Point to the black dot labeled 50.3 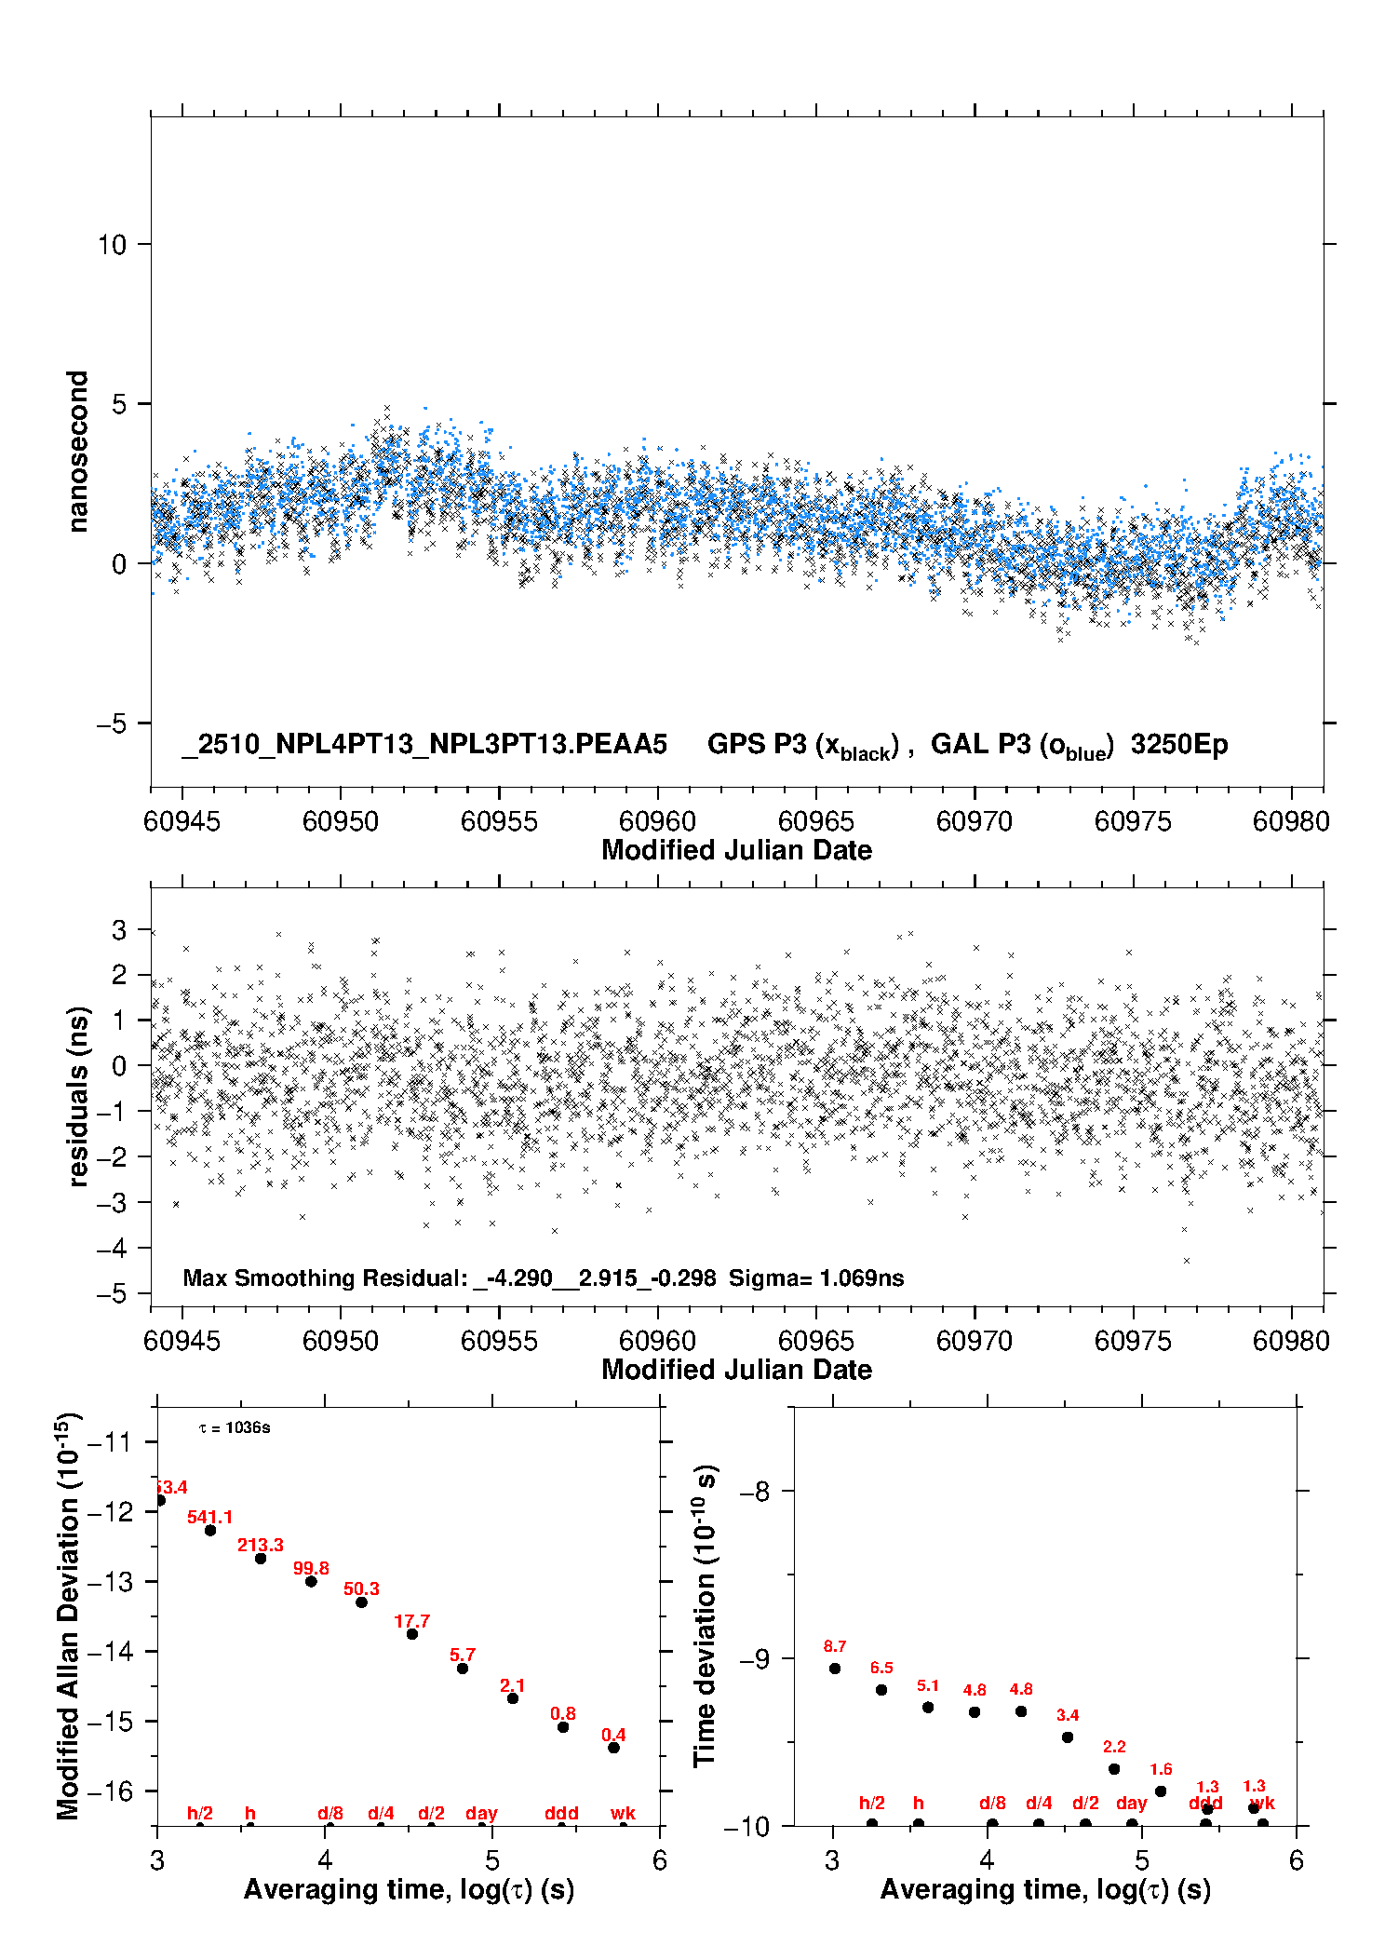point(361,1602)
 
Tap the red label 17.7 point(411,1621)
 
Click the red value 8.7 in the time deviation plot point(835,1646)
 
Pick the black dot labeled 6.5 point(881,1690)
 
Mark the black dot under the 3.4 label point(1068,1737)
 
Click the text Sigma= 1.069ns point(816,1278)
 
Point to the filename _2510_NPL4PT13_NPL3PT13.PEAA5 point(424,744)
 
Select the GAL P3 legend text point(1022,745)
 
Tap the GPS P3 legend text point(802,745)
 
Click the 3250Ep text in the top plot point(1179,744)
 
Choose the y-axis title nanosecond point(77,452)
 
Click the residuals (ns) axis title point(79,1096)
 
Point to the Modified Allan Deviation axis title point(67,1615)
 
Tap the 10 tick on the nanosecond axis point(112,245)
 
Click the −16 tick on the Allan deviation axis point(110,1791)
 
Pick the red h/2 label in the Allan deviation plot point(200,1813)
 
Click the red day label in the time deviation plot point(1131,1804)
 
